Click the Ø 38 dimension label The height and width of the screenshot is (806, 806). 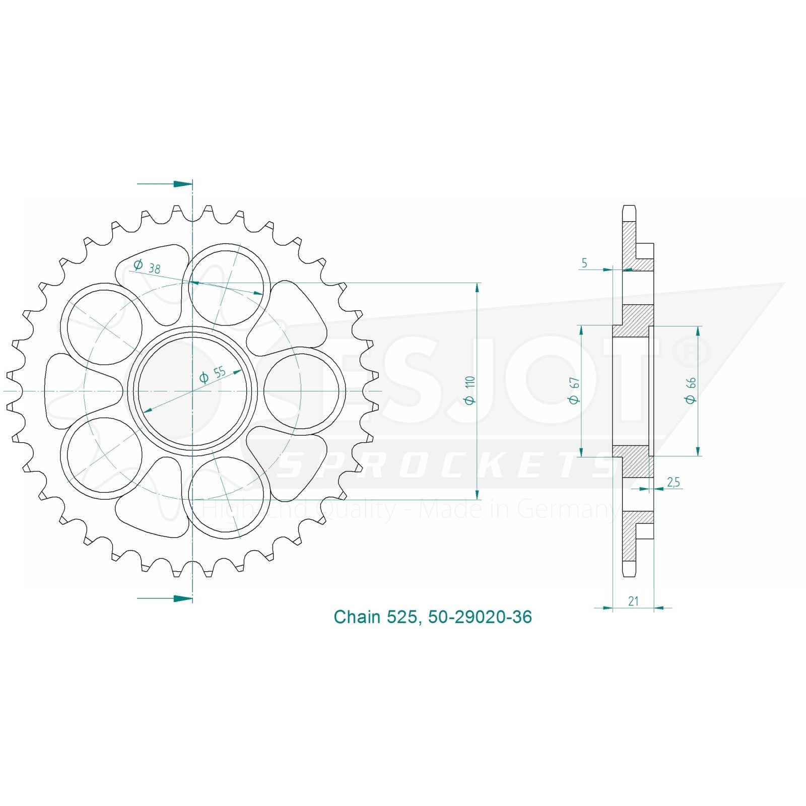click(x=147, y=266)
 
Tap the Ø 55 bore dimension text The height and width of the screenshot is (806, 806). click(x=213, y=375)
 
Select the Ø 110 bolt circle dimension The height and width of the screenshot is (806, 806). click(x=470, y=390)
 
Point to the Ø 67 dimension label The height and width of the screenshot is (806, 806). click(x=574, y=390)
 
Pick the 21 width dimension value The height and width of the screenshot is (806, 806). click(x=633, y=601)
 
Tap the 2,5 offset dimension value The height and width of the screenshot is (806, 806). click(x=674, y=482)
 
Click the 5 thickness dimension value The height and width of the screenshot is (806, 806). click(x=584, y=263)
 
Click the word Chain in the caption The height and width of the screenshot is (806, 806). click(x=357, y=617)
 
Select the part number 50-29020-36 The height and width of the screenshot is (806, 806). click(x=480, y=617)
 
